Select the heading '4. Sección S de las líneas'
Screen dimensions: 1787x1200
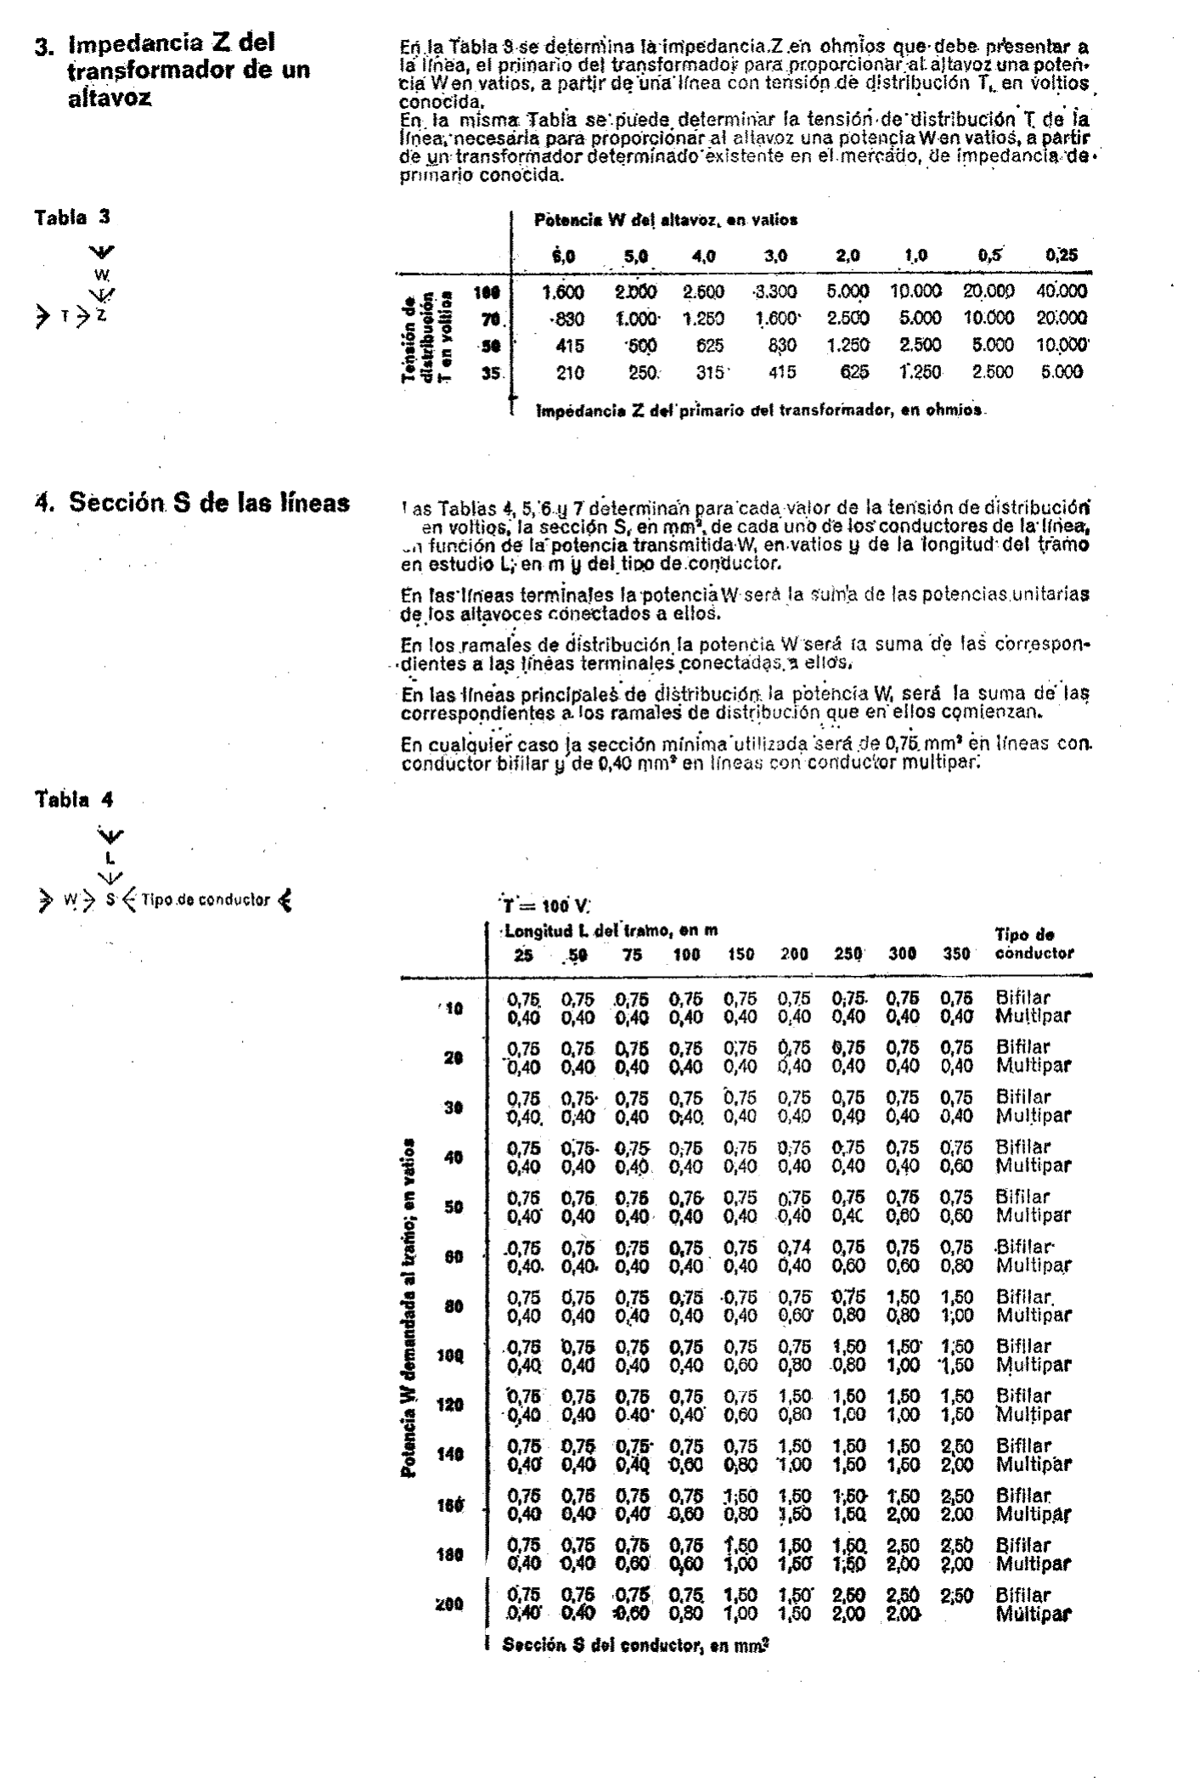[x=209, y=502]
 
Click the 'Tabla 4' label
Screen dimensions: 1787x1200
[x=74, y=799]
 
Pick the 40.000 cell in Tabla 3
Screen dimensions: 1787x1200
[x=1062, y=291]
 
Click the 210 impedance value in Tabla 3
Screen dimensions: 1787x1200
[x=569, y=371]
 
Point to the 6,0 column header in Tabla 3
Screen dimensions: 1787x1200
[x=564, y=255]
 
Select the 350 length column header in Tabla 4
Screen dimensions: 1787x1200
[x=956, y=954]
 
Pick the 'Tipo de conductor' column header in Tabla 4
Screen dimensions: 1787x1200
[x=1034, y=944]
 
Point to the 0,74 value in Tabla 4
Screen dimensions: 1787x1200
[x=794, y=1247]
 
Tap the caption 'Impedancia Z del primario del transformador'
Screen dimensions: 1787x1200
[x=759, y=409]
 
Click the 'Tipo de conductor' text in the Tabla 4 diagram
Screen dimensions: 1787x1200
[x=206, y=899]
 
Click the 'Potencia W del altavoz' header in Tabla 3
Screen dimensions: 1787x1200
[x=665, y=220]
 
